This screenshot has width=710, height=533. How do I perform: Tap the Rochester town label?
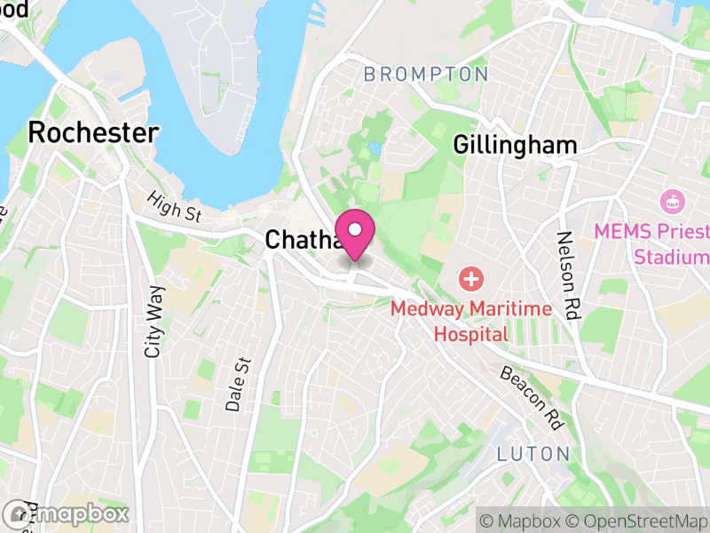pyautogui.click(x=93, y=133)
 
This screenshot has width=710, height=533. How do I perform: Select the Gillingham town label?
pyautogui.click(x=515, y=145)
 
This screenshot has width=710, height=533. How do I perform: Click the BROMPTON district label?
pyautogui.click(x=426, y=75)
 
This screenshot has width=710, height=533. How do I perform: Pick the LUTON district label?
pyautogui.click(x=533, y=454)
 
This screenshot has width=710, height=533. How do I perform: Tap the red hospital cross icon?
pyautogui.click(x=470, y=281)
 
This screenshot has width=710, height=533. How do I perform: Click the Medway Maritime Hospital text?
pyautogui.click(x=471, y=322)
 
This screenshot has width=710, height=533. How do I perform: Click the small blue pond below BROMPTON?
pyautogui.click(x=375, y=147)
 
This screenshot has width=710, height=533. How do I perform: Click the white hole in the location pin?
pyautogui.click(x=355, y=229)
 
